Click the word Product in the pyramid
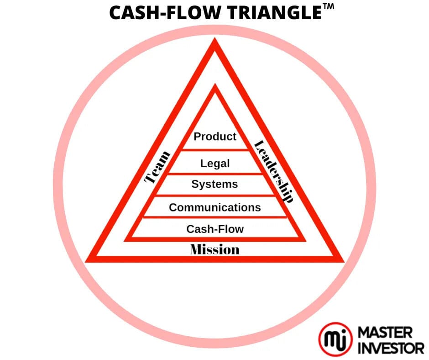click(215, 137)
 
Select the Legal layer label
click(215, 164)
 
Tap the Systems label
click(214, 184)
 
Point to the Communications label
click(215, 207)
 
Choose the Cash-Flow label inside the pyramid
click(215, 229)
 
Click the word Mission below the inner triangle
click(215, 249)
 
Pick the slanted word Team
click(157, 167)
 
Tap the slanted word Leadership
click(274, 171)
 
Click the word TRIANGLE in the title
click(274, 13)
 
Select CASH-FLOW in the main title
click(165, 13)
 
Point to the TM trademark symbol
click(328, 6)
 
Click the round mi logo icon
click(335, 339)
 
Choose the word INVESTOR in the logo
click(391, 348)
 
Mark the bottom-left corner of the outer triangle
click(86, 262)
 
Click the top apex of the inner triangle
click(215, 84)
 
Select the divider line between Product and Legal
click(215, 149)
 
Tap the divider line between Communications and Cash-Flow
click(215, 217)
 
